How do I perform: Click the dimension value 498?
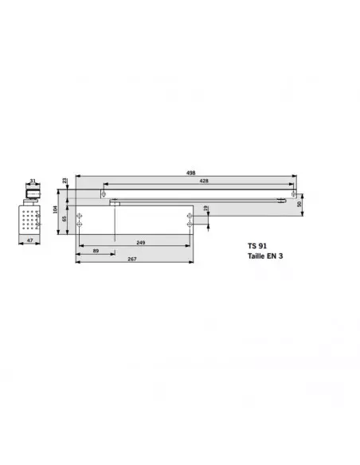(x=191, y=172)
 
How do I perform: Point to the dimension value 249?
(x=139, y=241)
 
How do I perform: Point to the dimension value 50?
(x=299, y=205)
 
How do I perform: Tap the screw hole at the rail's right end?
(x=292, y=194)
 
